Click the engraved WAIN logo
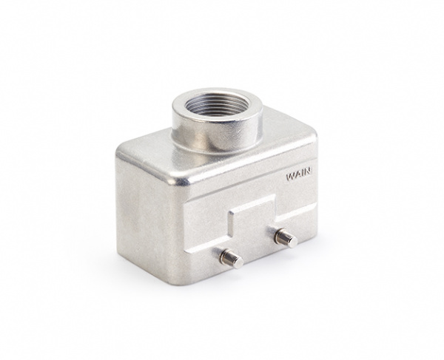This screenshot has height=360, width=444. [299, 174]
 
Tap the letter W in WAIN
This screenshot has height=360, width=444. [290, 177]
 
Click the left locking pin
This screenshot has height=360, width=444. [232, 258]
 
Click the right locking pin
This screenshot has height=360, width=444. [286, 238]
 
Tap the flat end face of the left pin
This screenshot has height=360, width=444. [239, 262]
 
